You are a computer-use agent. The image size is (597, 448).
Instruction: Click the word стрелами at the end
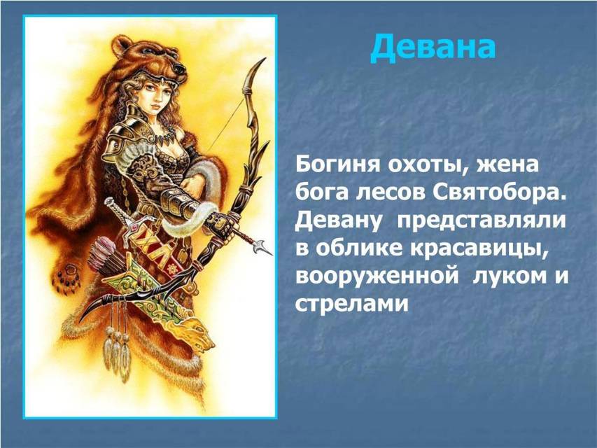point(352,304)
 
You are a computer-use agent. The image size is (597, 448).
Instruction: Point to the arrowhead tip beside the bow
point(264,248)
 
